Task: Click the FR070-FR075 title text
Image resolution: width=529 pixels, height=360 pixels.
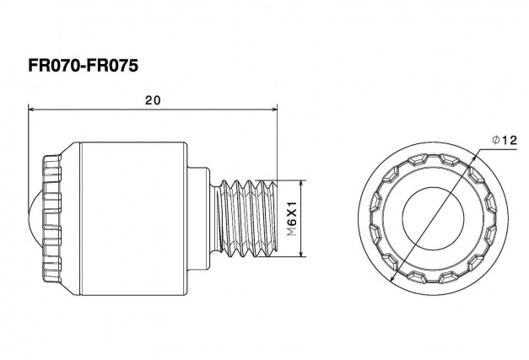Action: [x=83, y=66]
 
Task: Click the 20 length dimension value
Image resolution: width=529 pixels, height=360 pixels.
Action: [x=154, y=100]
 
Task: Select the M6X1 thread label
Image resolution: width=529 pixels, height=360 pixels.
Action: [x=291, y=218]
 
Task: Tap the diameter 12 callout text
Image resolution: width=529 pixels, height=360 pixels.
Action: [x=505, y=140]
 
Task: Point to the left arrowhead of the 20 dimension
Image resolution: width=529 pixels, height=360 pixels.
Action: [x=32, y=110]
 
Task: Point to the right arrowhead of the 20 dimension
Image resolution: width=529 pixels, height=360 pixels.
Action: [x=273, y=110]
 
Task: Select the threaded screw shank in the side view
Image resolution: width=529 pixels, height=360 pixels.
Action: [x=246, y=218]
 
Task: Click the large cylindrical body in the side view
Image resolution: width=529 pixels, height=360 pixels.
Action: [x=134, y=218]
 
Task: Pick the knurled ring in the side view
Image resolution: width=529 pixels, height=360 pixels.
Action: [x=52, y=218]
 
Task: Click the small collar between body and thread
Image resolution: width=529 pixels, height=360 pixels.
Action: [x=197, y=218]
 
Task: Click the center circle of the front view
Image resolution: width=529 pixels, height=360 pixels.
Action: [x=433, y=218]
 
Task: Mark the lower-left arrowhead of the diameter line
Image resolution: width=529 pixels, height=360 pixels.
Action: [x=392, y=279]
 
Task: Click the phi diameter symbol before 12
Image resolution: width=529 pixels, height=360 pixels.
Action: [x=496, y=140]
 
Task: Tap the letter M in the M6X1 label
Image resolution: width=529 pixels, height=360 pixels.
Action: [x=291, y=231]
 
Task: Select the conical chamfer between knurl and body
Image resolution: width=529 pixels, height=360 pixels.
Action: [x=71, y=218]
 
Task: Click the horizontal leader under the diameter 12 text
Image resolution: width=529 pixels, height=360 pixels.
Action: [x=499, y=148]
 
